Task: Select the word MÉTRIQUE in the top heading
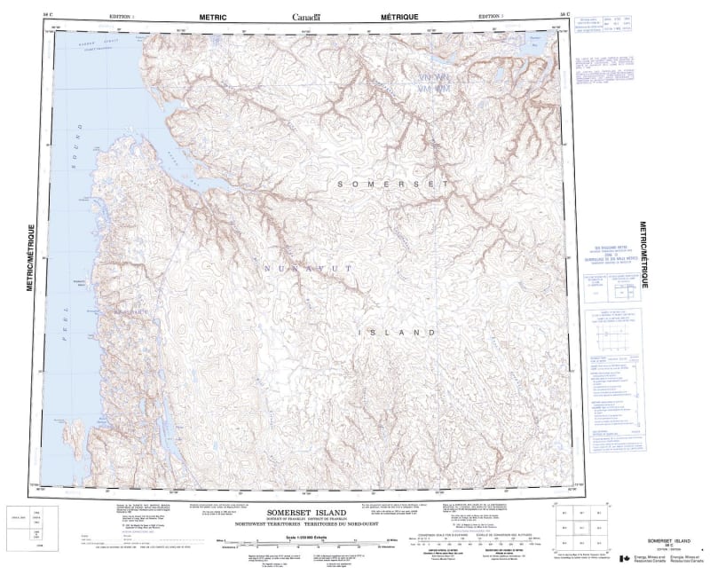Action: pyautogui.click(x=398, y=17)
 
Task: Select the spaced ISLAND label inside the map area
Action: pyautogui.click(x=398, y=332)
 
